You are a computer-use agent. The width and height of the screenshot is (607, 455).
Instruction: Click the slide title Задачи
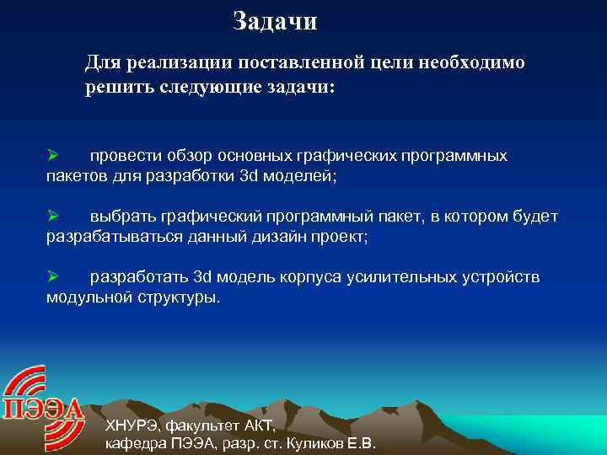click(x=275, y=21)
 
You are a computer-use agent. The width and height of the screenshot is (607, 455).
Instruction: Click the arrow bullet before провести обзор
click(x=51, y=156)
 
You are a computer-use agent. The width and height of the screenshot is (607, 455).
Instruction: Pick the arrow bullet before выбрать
click(x=51, y=217)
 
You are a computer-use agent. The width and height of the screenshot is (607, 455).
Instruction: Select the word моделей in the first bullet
click(x=302, y=176)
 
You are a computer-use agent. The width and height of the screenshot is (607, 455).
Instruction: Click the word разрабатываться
click(x=105, y=237)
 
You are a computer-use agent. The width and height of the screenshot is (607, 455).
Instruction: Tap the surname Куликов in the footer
click(x=315, y=443)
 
